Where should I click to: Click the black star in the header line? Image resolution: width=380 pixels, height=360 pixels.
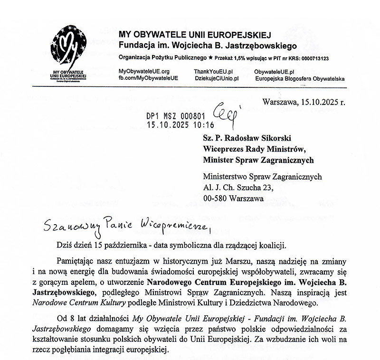coord(211,58)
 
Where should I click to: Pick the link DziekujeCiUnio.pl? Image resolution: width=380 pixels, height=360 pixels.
coord(217,77)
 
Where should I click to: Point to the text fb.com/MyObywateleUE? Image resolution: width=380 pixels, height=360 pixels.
coord(148,77)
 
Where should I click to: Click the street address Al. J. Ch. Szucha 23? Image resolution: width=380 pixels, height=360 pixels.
coord(238,187)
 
